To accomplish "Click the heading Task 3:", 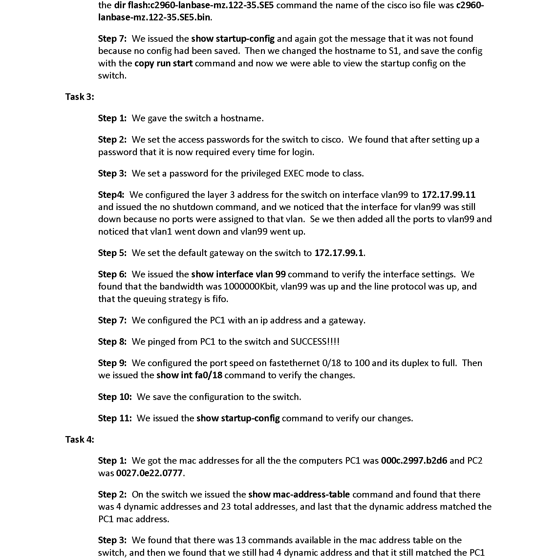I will [x=79, y=97].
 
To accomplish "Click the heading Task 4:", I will [x=79, y=439].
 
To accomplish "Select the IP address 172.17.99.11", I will [x=448, y=195].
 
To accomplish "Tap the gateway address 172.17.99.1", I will [x=339, y=253].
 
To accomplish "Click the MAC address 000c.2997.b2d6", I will [x=414, y=461].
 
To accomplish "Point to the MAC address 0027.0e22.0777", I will [x=149, y=473].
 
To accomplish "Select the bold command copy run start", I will [x=163, y=63].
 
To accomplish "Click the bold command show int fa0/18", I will [x=189, y=375].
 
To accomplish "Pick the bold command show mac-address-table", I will [x=299, y=495].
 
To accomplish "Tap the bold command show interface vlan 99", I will [x=238, y=274].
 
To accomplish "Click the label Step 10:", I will [x=115, y=397].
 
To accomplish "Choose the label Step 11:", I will [x=115, y=418].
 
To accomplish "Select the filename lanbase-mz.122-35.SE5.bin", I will [x=154, y=17].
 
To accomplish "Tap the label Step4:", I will [x=111, y=195].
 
